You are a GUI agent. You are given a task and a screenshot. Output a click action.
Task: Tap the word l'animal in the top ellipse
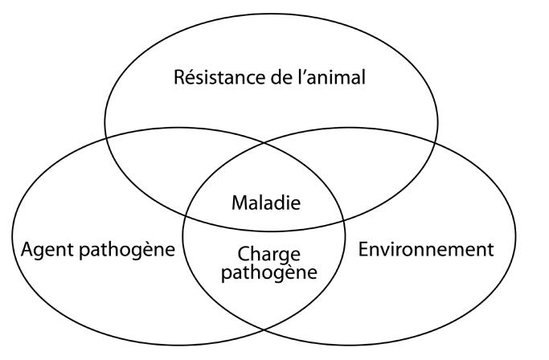[x=331, y=77]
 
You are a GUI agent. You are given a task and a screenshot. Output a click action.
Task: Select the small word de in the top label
[x=282, y=77]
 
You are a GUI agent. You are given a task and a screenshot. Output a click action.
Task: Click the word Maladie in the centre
[x=266, y=202]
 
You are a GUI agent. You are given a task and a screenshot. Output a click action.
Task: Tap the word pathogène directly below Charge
[x=269, y=272]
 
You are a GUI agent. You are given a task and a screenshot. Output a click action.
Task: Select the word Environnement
[x=426, y=250]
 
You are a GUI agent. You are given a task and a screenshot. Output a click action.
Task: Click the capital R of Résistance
[x=179, y=77]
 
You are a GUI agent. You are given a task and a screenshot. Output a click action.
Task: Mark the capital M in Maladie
[x=240, y=203]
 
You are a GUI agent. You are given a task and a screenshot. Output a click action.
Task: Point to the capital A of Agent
[x=28, y=250]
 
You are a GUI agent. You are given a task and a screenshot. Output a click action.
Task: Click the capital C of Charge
[x=244, y=254]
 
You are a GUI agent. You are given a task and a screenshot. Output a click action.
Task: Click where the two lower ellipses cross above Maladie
[x=264, y=143]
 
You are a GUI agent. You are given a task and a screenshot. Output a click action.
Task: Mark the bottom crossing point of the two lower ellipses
[x=264, y=329]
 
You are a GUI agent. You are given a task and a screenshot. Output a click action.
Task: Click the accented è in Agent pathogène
[x=154, y=250]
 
